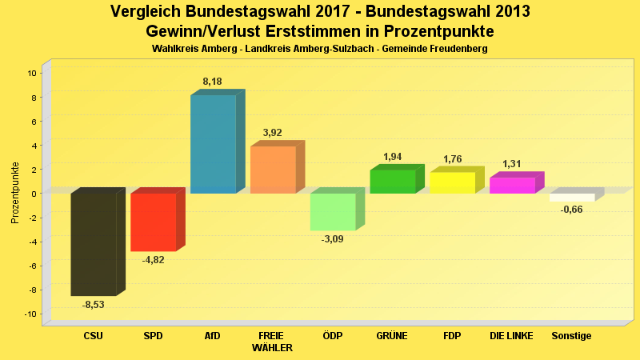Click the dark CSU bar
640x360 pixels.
[94, 244]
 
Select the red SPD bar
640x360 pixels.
[153, 222]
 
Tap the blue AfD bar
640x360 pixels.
[213, 144]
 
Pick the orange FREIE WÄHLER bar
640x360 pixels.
[273, 170]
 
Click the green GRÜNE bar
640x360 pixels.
[392, 182]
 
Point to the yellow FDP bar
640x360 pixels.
[452, 182]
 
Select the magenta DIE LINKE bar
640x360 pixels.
[512, 186]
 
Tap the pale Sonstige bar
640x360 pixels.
[572, 197]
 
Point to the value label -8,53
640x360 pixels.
[94, 305]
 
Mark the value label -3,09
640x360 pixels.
[332, 239]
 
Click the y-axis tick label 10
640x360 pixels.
[31, 73]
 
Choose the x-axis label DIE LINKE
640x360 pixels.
[512, 336]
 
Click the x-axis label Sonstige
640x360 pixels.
[572, 336]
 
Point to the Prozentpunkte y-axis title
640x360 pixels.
[15, 193]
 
